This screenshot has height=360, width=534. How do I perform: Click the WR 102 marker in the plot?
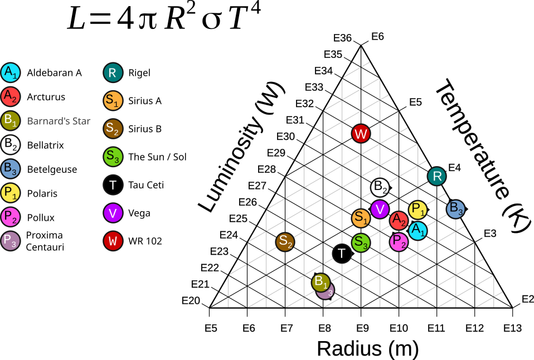click(361, 134)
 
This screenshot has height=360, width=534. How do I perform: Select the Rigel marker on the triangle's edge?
click(438, 177)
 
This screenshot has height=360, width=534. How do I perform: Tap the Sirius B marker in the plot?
click(285, 241)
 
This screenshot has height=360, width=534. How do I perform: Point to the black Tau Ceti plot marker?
click(342, 254)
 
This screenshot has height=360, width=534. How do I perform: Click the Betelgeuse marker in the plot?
click(456, 209)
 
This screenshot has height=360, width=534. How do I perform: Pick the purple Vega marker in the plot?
click(380, 210)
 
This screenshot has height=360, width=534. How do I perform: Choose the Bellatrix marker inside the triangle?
click(380, 187)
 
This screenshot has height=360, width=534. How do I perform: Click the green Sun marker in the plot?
click(361, 242)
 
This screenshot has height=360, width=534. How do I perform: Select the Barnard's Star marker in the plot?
click(321, 281)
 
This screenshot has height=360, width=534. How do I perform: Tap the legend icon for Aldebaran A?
click(11, 72)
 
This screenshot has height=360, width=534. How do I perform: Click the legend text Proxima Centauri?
click(45, 241)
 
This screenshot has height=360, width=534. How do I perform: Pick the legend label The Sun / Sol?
click(157, 157)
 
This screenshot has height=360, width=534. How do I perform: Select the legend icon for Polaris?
click(11, 193)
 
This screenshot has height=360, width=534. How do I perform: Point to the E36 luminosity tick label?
click(343, 38)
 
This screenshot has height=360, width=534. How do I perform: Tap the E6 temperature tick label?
click(377, 36)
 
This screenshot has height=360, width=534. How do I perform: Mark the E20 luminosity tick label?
click(191, 301)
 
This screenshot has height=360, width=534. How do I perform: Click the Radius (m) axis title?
click(367, 348)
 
